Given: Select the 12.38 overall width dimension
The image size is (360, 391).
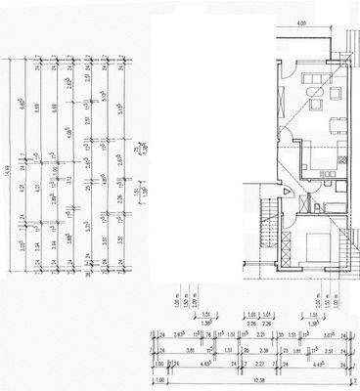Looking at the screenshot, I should (x=255, y=381).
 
